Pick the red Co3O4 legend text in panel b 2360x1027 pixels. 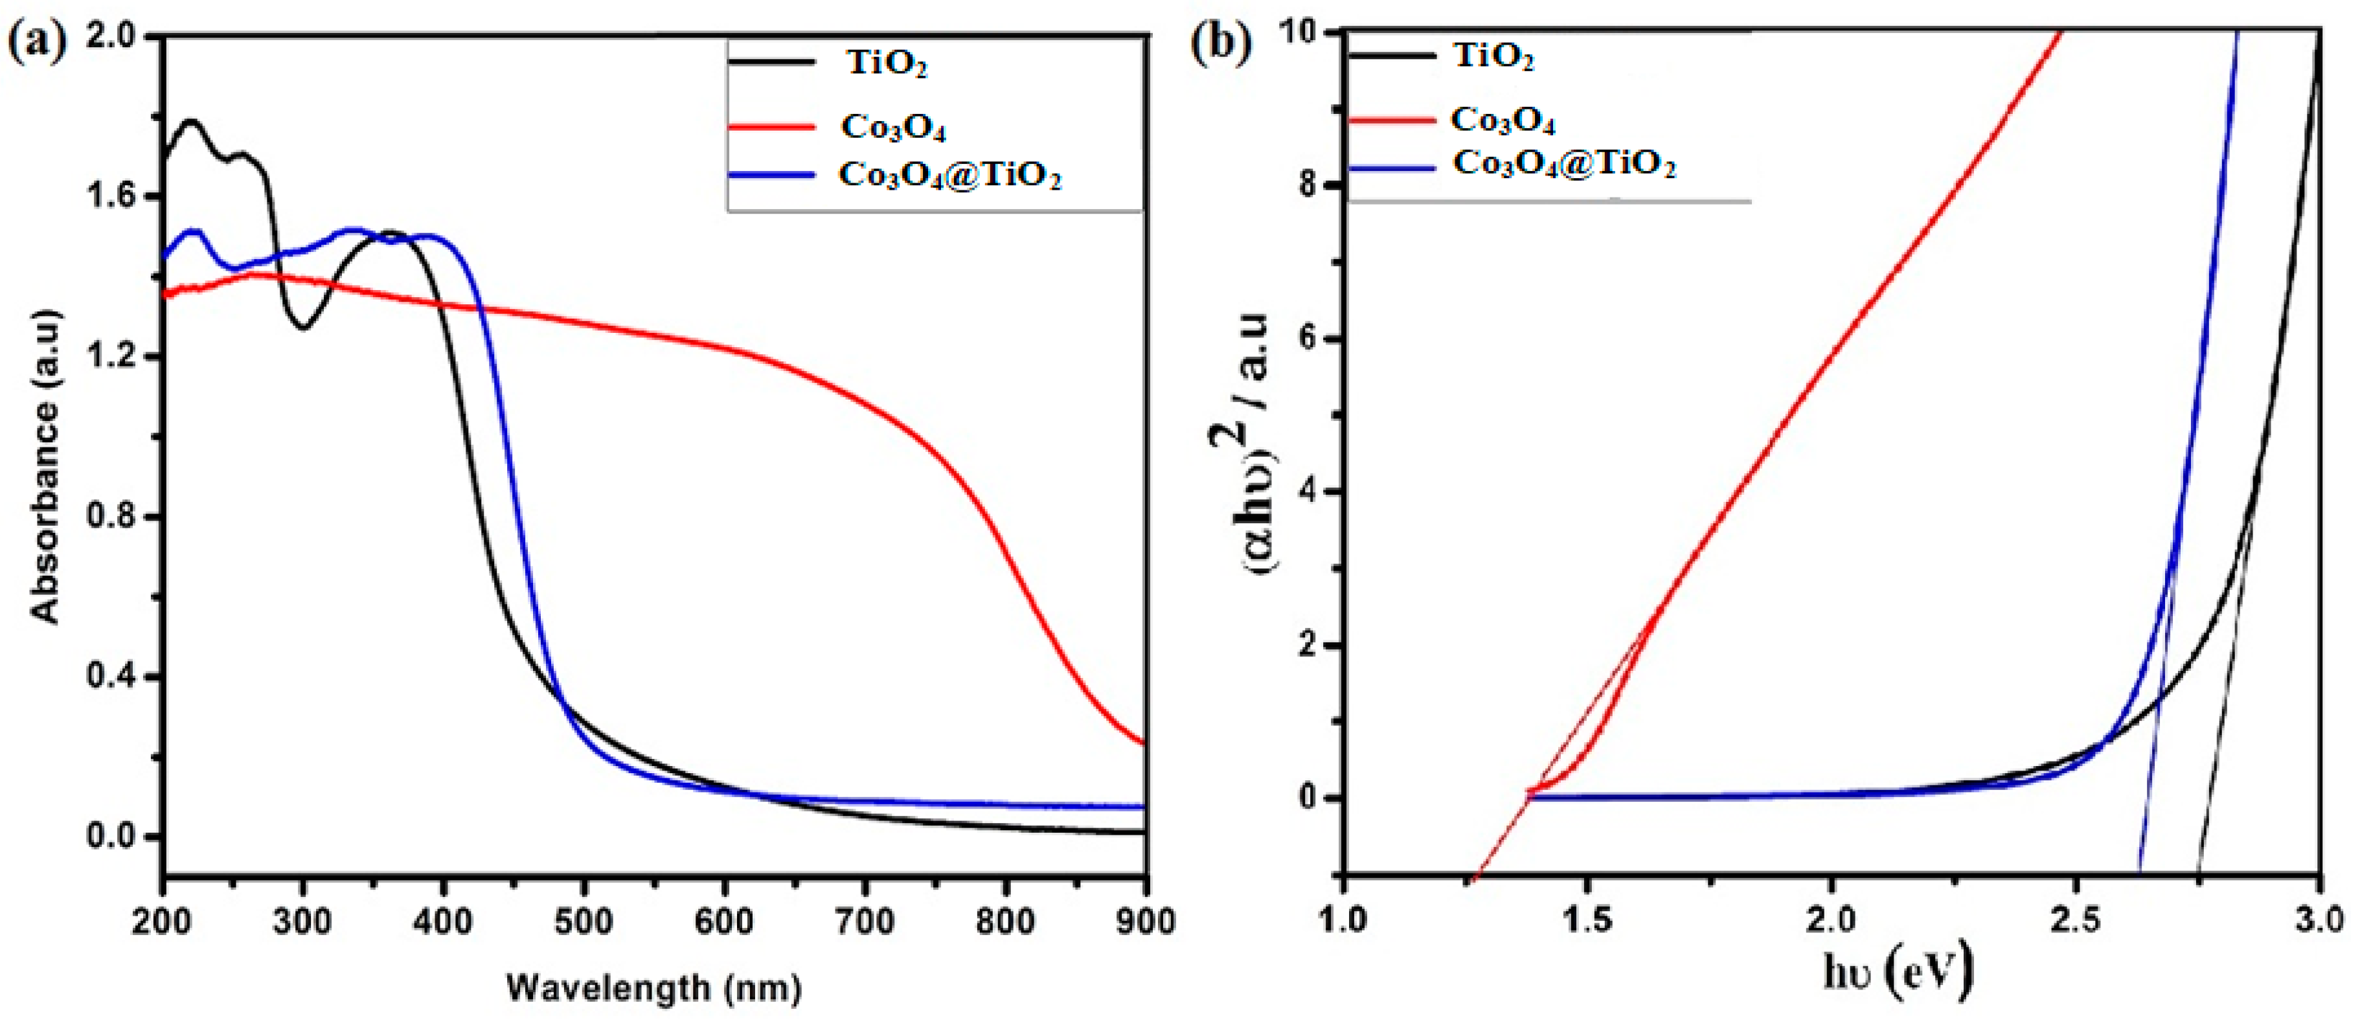pyautogui.click(x=1503, y=119)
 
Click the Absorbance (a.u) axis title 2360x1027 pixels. pyautogui.click(x=46, y=468)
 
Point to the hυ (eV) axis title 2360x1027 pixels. pyautogui.click(x=1896, y=974)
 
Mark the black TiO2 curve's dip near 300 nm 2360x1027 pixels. pyautogui.click(x=303, y=327)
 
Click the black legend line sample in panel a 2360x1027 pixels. pyautogui.click(x=771, y=62)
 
